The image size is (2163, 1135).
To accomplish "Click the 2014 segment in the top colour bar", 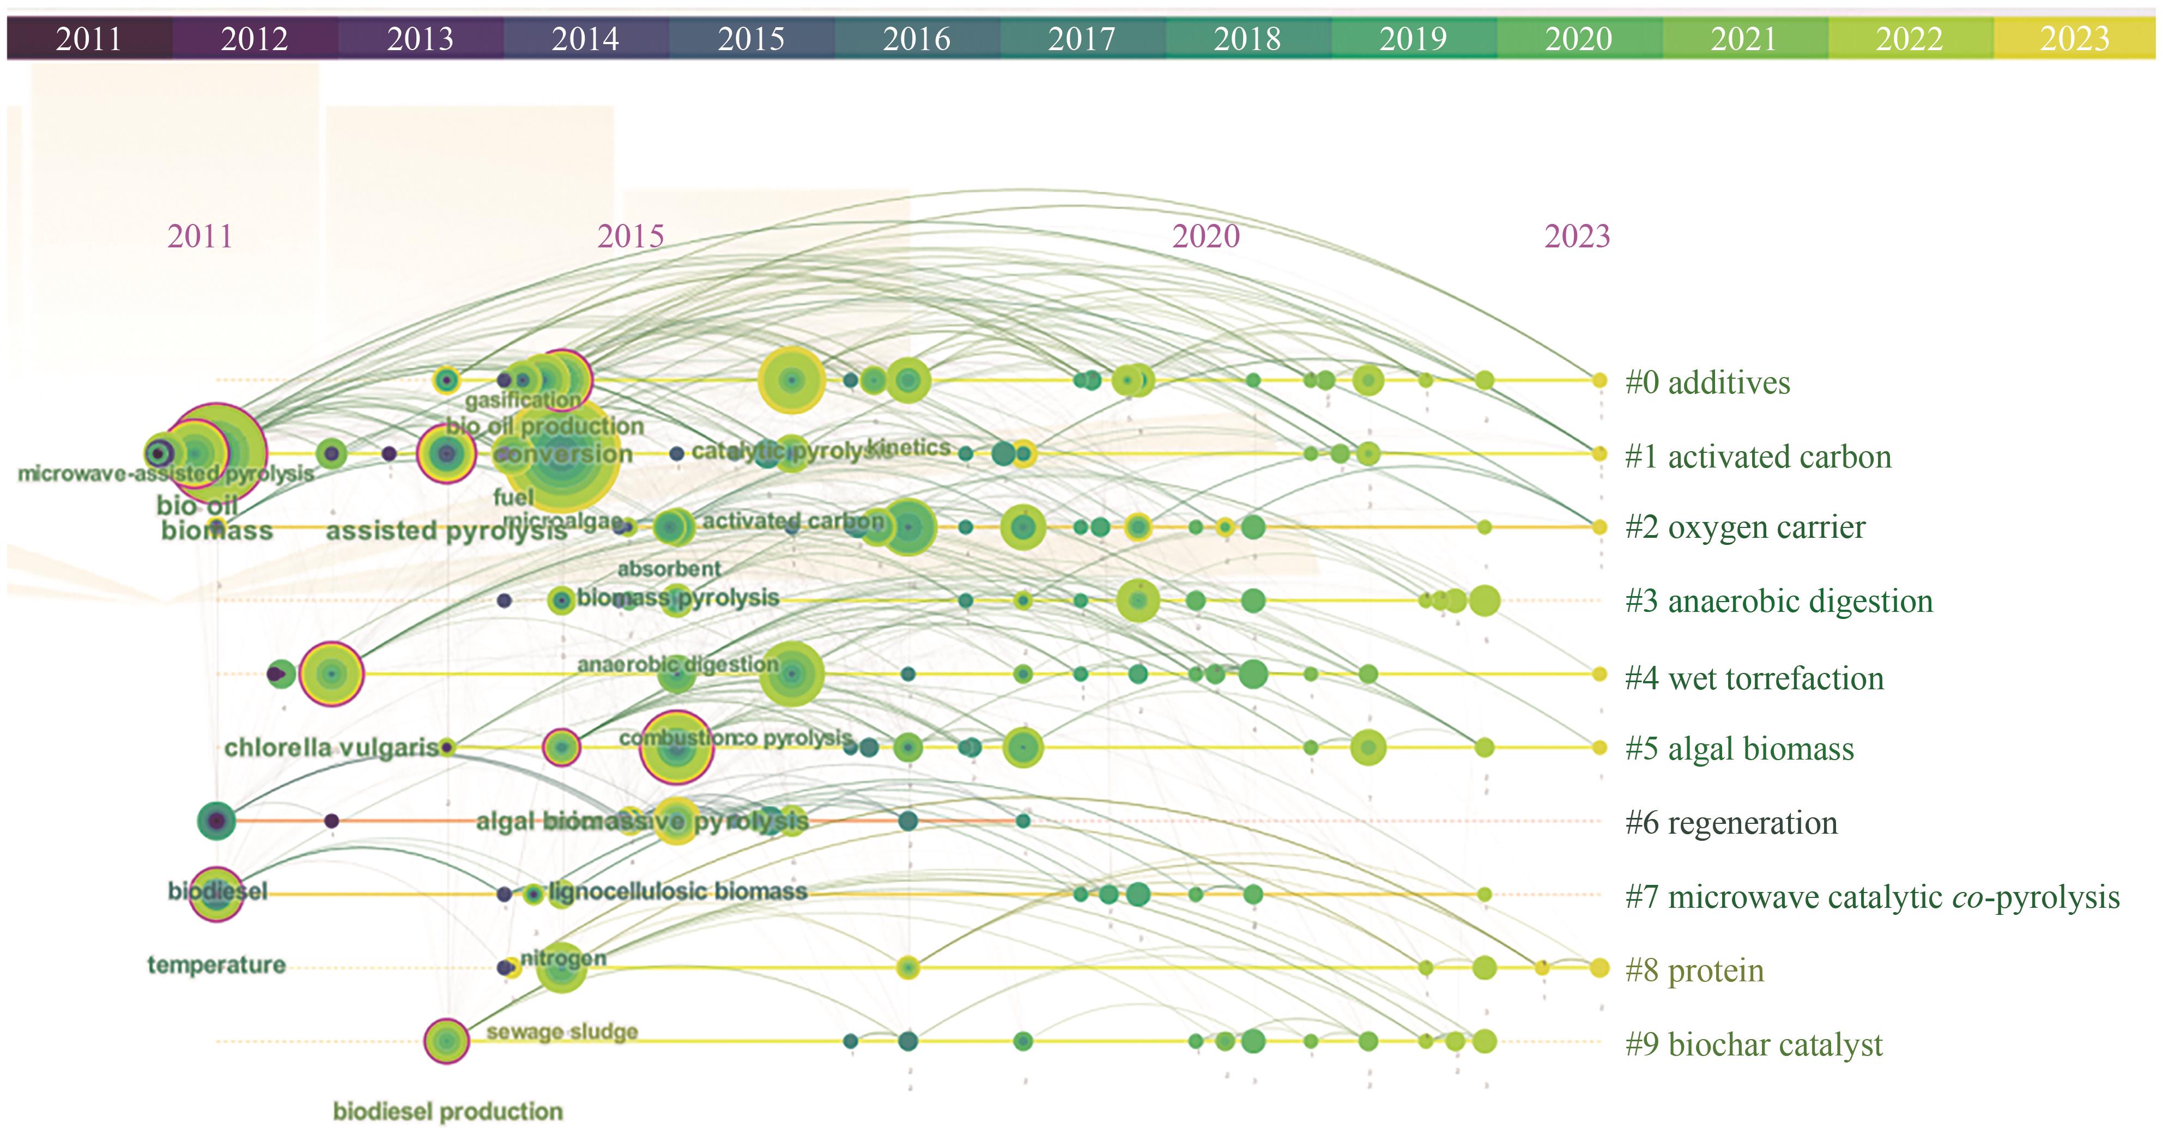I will click(x=585, y=39).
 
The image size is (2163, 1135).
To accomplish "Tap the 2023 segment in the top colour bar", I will click(x=2074, y=39).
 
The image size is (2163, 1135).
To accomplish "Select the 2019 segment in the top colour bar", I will click(x=1413, y=39).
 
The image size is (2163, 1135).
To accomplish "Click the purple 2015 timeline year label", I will click(x=631, y=236).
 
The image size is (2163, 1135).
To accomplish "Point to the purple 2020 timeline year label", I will click(x=1206, y=236).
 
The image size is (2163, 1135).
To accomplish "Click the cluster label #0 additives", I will click(x=1707, y=383).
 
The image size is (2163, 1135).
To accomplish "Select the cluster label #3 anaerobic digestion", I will click(x=1778, y=601).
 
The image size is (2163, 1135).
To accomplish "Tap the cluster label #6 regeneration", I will click(x=1731, y=823).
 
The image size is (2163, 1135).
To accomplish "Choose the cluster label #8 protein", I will click(x=1694, y=970).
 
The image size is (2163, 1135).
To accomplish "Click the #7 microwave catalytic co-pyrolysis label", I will click(x=1871, y=896).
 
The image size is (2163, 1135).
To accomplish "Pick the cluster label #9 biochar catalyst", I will click(x=1753, y=1045).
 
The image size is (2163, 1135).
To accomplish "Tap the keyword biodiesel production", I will click(x=447, y=1112).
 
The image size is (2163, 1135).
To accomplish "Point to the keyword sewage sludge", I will click(x=562, y=1031).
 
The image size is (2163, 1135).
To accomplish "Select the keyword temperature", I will click(x=216, y=964).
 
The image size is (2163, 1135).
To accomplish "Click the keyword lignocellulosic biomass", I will click(x=677, y=891).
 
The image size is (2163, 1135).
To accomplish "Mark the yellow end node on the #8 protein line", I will click(x=1599, y=968).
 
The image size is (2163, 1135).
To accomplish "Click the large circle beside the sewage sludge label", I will click(x=446, y=1041).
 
